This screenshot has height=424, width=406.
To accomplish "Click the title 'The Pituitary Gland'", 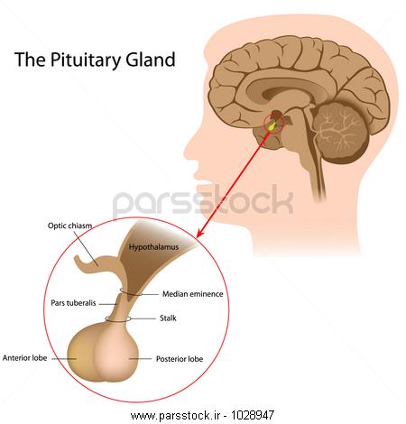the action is coord(95,60).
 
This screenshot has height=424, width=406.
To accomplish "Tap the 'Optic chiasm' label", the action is coord(69,226).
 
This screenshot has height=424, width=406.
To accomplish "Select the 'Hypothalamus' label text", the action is coord(153,247).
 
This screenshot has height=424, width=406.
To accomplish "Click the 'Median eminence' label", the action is coord(193,294).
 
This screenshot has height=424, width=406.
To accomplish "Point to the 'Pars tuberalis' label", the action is coord(73,303).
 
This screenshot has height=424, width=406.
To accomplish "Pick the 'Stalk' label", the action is coord(168,318).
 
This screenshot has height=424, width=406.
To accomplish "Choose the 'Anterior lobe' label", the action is coord(24,358).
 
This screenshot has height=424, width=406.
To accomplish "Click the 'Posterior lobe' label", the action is coord(180,359).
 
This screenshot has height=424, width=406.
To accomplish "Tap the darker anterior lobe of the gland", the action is coord(79,355).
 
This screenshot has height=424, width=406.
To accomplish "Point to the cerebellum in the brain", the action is coord(341,133).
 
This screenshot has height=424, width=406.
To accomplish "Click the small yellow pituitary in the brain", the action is coord(272,125).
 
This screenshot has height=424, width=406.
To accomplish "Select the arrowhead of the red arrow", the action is coord(199,234).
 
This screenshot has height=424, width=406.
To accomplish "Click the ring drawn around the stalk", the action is coord(118,322).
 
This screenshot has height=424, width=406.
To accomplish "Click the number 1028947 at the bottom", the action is coord(253,416).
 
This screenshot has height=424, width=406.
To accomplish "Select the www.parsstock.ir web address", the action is coord(176,416).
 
